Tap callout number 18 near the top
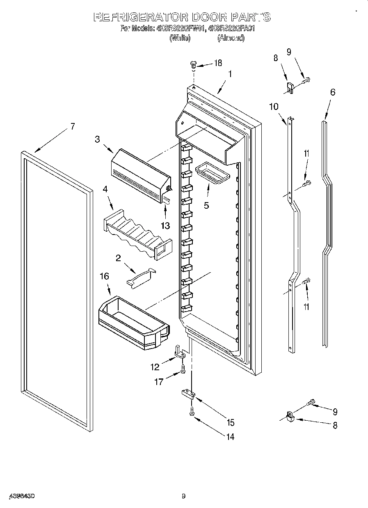click(x=217, y=63)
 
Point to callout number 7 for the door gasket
click(x=72, y=126)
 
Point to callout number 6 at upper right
click(x=332, y=92)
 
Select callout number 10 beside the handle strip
click(x=274, y=107)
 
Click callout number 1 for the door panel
click(x=230, y=74)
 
